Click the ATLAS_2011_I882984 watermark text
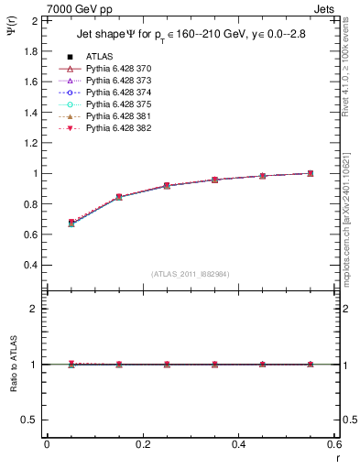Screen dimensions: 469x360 (x=191, y=274)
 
